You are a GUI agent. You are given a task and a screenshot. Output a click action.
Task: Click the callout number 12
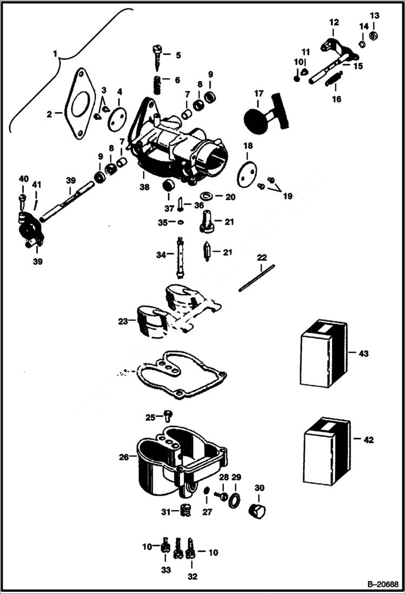click(334, 22)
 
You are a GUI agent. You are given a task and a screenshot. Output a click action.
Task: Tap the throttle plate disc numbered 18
click(246, 173)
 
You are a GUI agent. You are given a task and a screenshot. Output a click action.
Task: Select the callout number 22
click(262, 257)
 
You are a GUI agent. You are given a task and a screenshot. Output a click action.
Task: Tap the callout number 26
click(124, 457)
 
